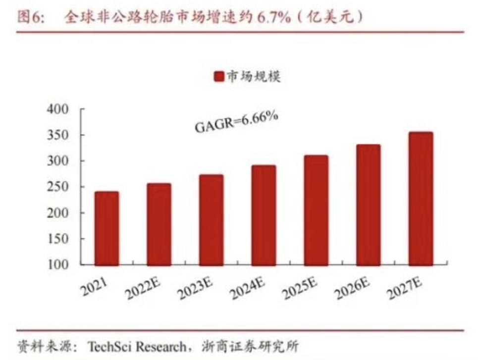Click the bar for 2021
pyautogui.click(x=106, y=228)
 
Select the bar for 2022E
pyautogui.click(x=159, y=224)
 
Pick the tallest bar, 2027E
pyautogui.click(x=420, y=199)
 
